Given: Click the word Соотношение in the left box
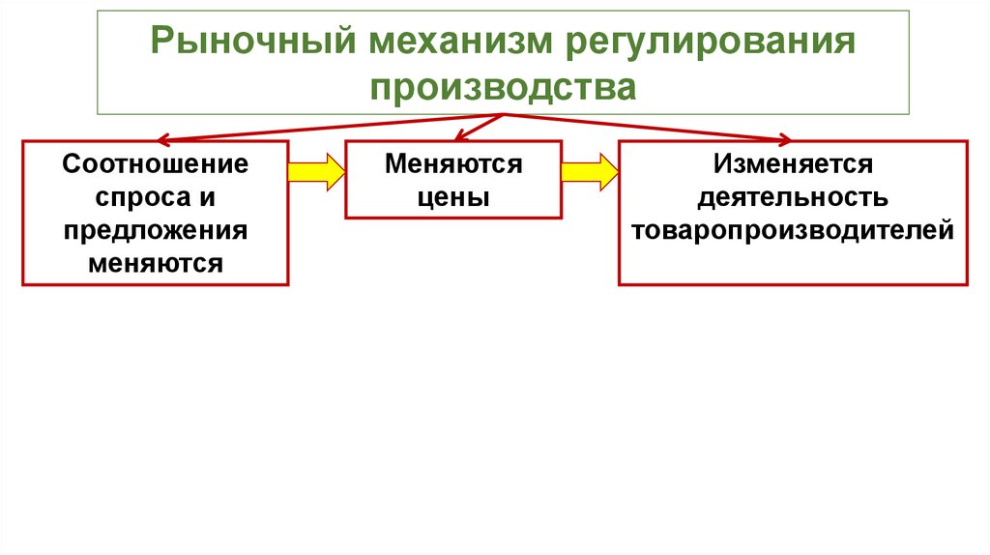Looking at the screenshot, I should (x=156, y=164).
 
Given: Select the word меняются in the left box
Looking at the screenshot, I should (x=156, y=263).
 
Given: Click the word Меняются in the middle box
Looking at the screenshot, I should (x=453, y=164).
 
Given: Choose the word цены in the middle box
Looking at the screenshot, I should (x=453, y=197).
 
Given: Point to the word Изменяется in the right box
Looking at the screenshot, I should (x=793, y=164).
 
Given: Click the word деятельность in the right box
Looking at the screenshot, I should (x=793, y=197).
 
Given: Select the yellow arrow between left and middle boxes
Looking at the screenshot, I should (x=316, y=172).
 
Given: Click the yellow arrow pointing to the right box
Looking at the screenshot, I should (x=589, y=172).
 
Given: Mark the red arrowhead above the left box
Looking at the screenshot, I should (x=165, y=138).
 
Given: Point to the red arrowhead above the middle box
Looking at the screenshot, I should (x=462, y=136).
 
